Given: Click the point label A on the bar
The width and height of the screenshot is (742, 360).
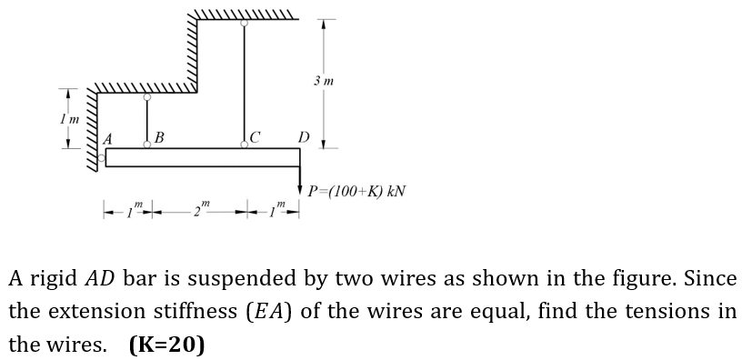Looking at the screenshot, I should coord(109,139).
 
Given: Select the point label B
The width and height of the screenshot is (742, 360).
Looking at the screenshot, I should coord(159,138).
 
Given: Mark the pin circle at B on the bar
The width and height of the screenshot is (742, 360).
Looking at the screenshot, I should coord(146,145).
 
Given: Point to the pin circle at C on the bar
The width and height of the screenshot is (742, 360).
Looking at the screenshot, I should coord(243,145).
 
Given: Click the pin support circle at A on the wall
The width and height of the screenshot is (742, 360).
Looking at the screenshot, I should coord(102,157).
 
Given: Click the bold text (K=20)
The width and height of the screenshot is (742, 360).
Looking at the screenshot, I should coord(166,345).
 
